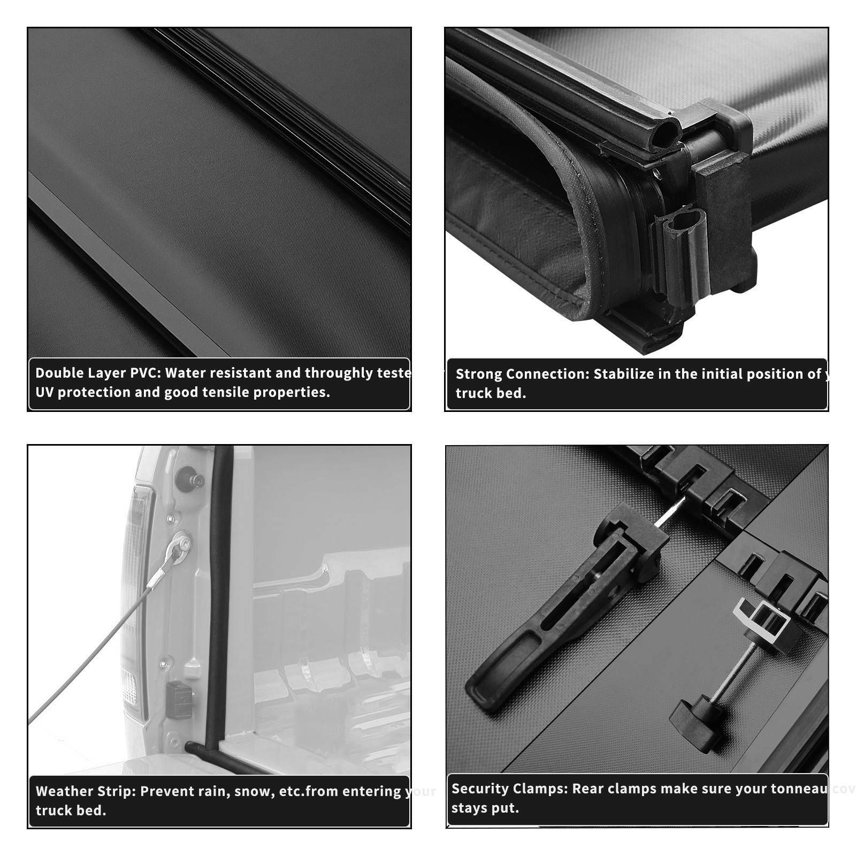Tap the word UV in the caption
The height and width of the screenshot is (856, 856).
pyautogui.click(x=44, y=392)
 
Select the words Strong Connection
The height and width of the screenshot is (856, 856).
pyautogui.click(x=522, y=374)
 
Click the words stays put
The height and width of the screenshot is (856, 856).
pyautogui.click(x=485, y=808)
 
